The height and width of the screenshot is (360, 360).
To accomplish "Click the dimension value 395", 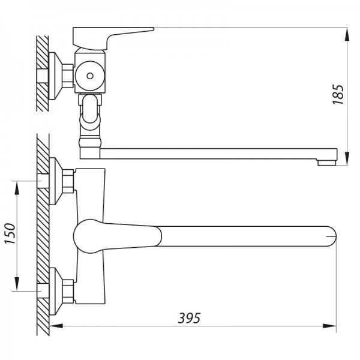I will [188, 317].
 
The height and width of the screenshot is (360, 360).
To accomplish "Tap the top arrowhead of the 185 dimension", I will [348, 34].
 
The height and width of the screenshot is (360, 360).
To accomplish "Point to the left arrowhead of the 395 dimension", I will [55, 326].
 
